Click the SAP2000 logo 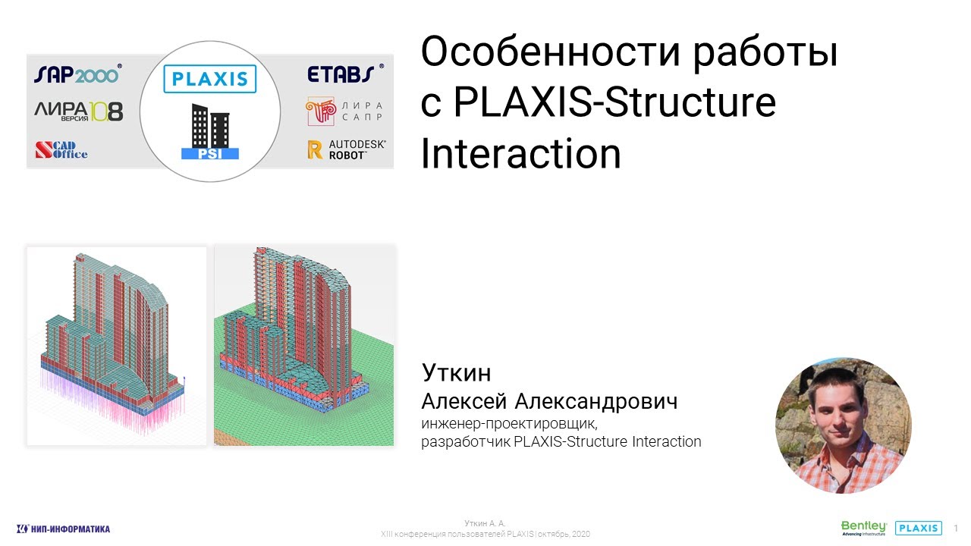(x=77, y=75)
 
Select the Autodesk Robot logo (x=346, y=149)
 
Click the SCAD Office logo (x=61, y=150)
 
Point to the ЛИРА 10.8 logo (x=78, y=112)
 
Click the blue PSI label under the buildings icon (x=210, y=153)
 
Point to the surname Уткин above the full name (x=456, y=373)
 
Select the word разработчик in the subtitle (x=466, y=441)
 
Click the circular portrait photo (x=843, y=426)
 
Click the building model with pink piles (x=117, y=346)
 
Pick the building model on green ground (x=304, y=346)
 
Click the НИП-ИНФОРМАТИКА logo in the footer (x=64, y=529)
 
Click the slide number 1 (x=956, y=528)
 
